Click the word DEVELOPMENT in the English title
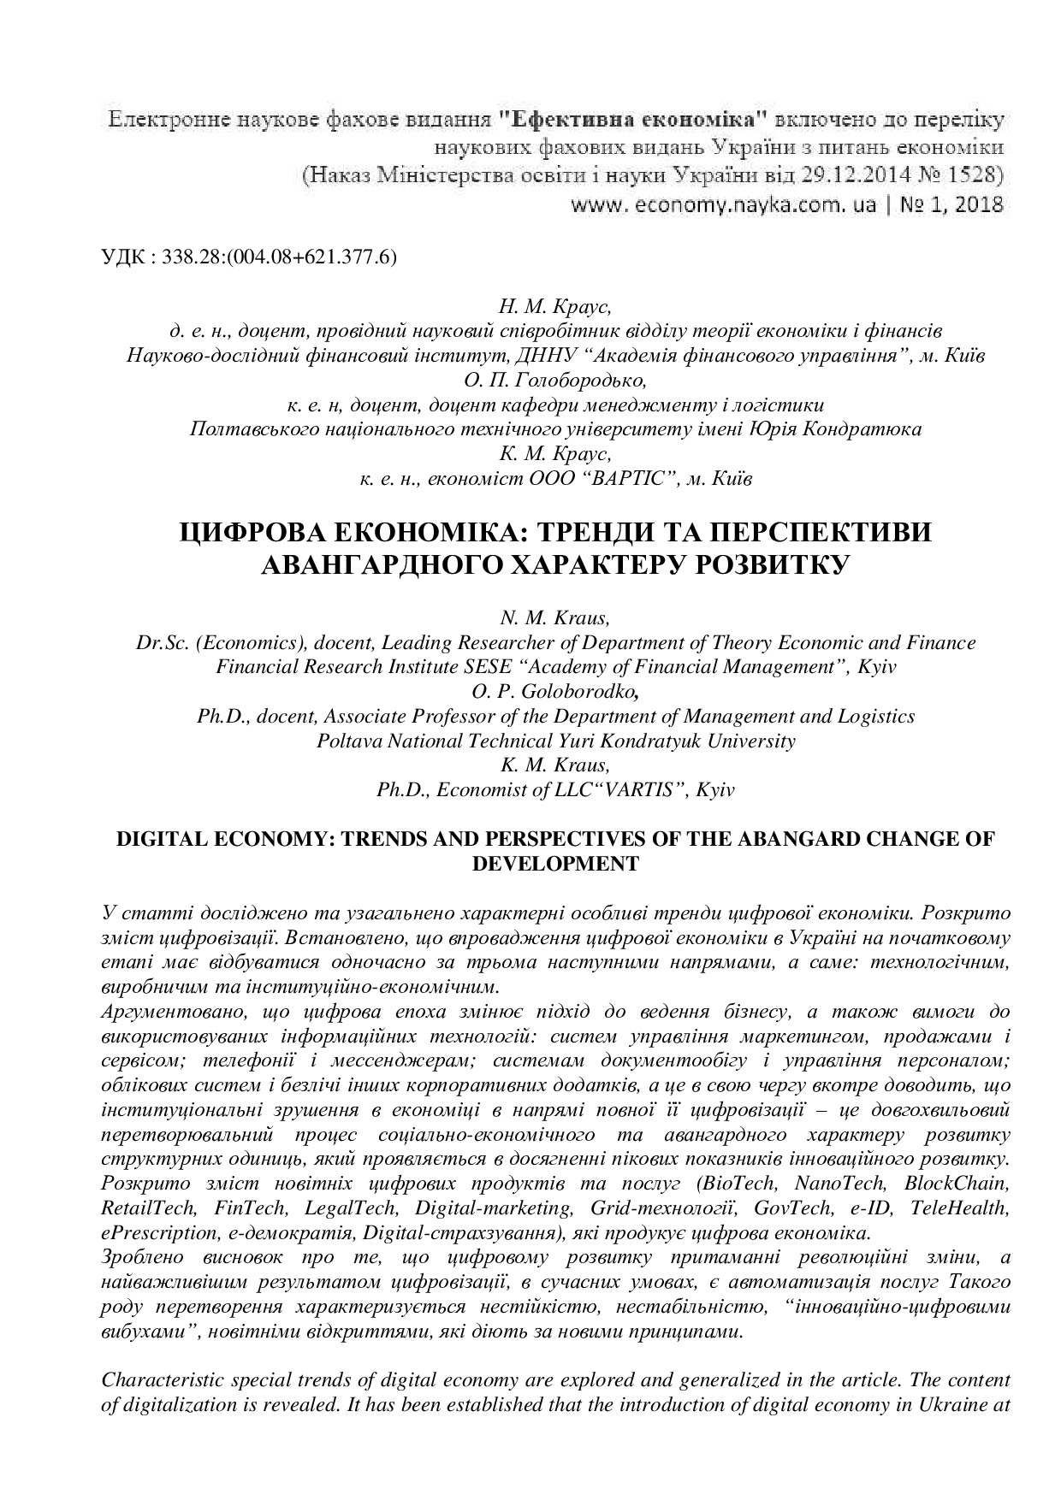coord(555,864)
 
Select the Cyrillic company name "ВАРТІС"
coord(624,478)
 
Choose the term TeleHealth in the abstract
coord(960,1208)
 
